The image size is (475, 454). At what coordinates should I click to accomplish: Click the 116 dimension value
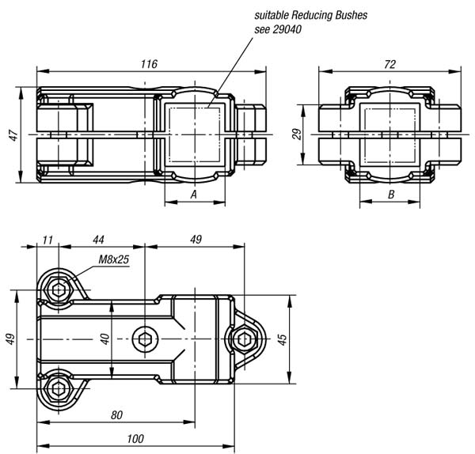pyautogui.click(x=149, y=64)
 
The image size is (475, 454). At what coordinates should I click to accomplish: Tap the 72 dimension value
pyautogui.click(x=389, y=64)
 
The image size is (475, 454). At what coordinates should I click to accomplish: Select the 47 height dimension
pyautogui.click(x=14, y=135)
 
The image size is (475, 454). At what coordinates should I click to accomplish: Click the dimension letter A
pyautogui.click(x=194, y=195)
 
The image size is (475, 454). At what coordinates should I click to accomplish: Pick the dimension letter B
pyautogui.click(x=391, y=195)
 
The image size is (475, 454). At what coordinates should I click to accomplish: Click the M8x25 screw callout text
pyautogui.click(x=114, y=259)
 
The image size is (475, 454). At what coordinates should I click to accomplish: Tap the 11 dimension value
pyautogui.click(x=47, y=240)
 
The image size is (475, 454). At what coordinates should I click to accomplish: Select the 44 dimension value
pyautogui.click(x=98, y=240)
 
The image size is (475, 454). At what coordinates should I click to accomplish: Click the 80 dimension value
pyautogui.click(x=116, y=415)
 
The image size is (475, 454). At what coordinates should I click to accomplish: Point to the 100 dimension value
pyautogui.click(x=135, y=438)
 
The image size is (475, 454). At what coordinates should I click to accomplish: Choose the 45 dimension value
pyautogui.click(x=282, y=339)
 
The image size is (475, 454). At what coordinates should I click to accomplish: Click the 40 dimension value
pyautogui.click(x=104, y=339)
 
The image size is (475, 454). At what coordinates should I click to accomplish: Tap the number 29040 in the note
pyautogui.click(x=287, y=29)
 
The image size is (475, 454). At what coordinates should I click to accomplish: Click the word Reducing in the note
pyautogui.click(x=310, y=15)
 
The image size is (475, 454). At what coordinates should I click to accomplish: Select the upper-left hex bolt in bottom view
pyautogui.click(x=59, y=290)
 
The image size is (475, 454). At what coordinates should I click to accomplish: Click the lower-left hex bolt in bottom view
pyautogui.click(x=58, y=388)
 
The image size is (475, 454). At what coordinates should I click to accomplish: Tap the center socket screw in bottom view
pyautogui.click(x=145, y=339)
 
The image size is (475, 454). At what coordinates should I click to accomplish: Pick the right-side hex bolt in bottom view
pyautogui.click(x=244, y=339)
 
